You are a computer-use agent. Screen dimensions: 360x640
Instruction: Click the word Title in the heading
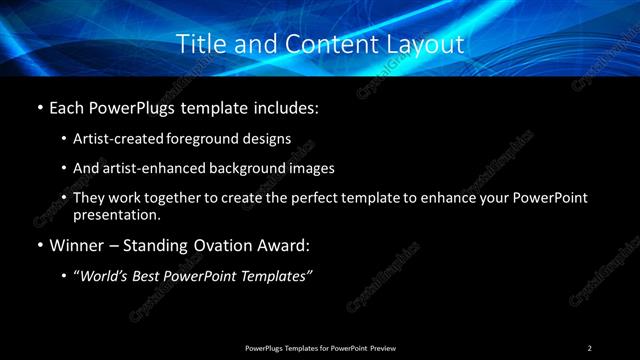click(x=198, y=44)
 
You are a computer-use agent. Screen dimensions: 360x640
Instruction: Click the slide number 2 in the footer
click(x=590, y=348)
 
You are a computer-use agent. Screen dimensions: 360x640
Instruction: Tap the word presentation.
click(x=116, y=214)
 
